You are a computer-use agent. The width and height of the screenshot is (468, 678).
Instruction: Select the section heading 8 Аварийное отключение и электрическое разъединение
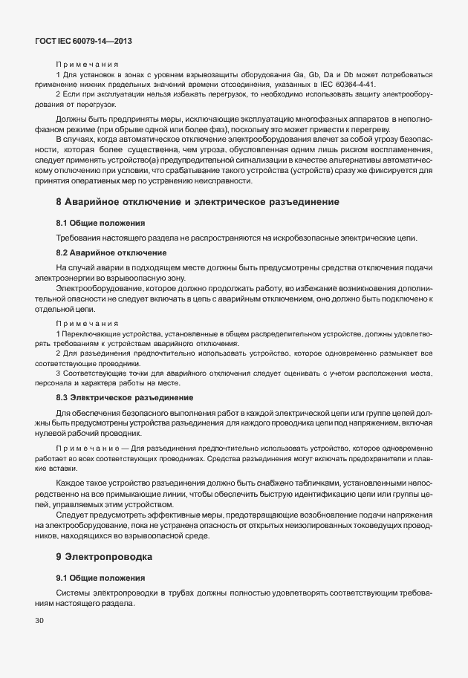pyautogui.click(x=198, y=201)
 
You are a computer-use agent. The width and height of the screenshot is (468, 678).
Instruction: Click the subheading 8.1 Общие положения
pyautogui.click(x=100, y=223)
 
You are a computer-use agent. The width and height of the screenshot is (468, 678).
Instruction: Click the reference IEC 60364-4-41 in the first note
pyautogui.click(x=348, y=85)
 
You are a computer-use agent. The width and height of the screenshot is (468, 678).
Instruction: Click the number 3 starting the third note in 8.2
pyautogui.click(x=58, y=373)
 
